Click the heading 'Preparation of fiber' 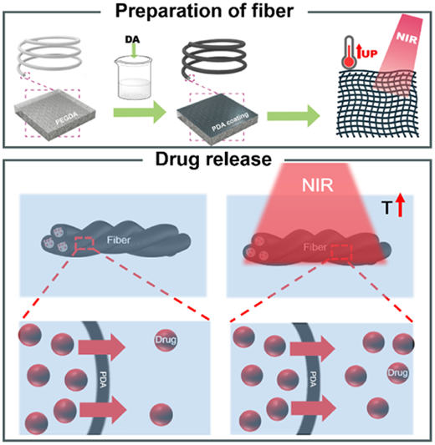204,12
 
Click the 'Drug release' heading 213,159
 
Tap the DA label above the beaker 132,39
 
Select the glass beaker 133,77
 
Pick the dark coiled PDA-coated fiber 214,58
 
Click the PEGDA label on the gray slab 67,118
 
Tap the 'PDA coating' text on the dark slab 230,121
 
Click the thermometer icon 349,53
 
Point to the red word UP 370,53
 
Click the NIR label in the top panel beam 407,38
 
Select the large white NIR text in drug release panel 318,185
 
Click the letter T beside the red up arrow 387,208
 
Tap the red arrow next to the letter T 401,205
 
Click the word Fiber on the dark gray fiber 119,240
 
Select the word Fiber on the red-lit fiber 315,247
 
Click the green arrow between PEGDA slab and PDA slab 140,113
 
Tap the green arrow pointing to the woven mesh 294,116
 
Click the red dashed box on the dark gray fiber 84,244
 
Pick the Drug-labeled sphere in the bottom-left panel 166,340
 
